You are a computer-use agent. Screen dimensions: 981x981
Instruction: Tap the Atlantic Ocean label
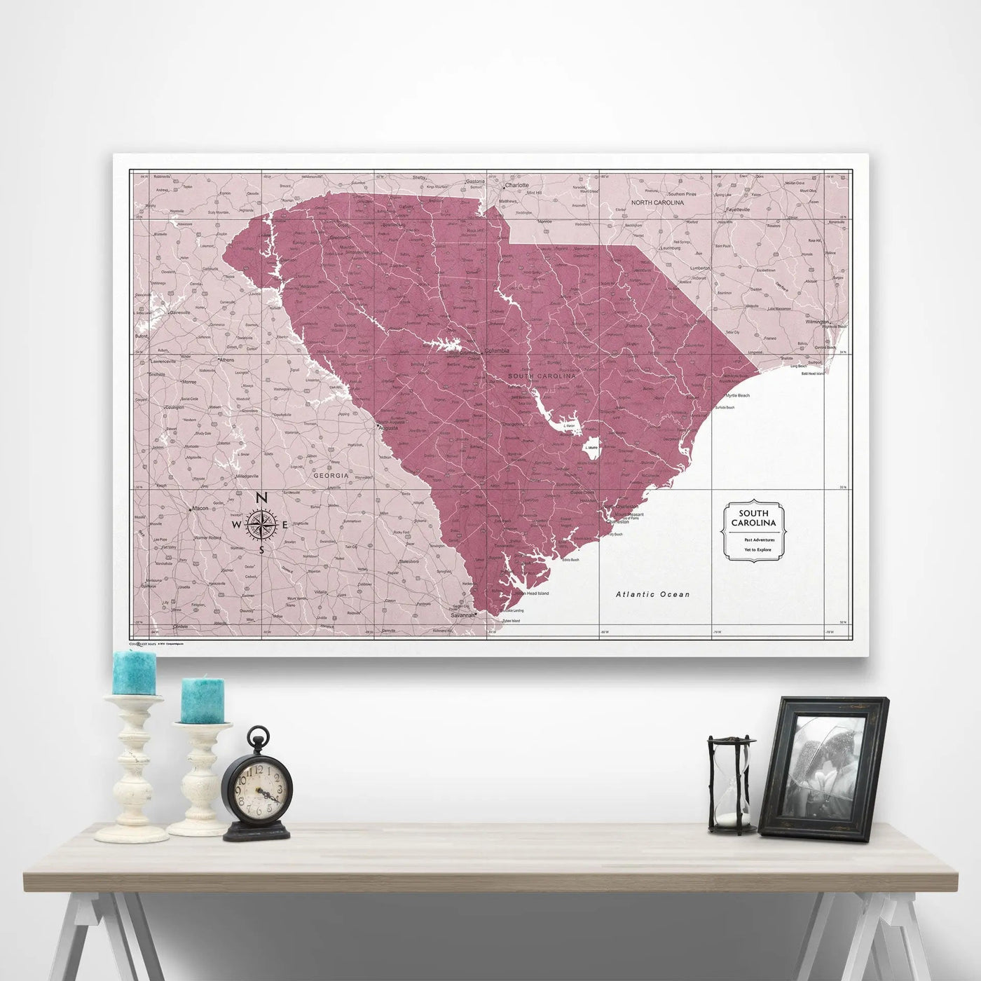pos(652,594)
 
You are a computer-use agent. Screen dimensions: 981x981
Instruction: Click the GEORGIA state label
pos(331,476)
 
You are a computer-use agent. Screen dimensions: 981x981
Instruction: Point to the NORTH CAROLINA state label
pos(657,203)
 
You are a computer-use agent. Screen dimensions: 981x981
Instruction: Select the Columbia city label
pos(494,350)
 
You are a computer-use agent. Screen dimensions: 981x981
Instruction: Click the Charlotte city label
pos(516,186)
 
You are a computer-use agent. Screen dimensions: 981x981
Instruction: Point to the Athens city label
pos(228,360)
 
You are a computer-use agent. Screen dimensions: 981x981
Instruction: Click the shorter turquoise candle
pos(203,700)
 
